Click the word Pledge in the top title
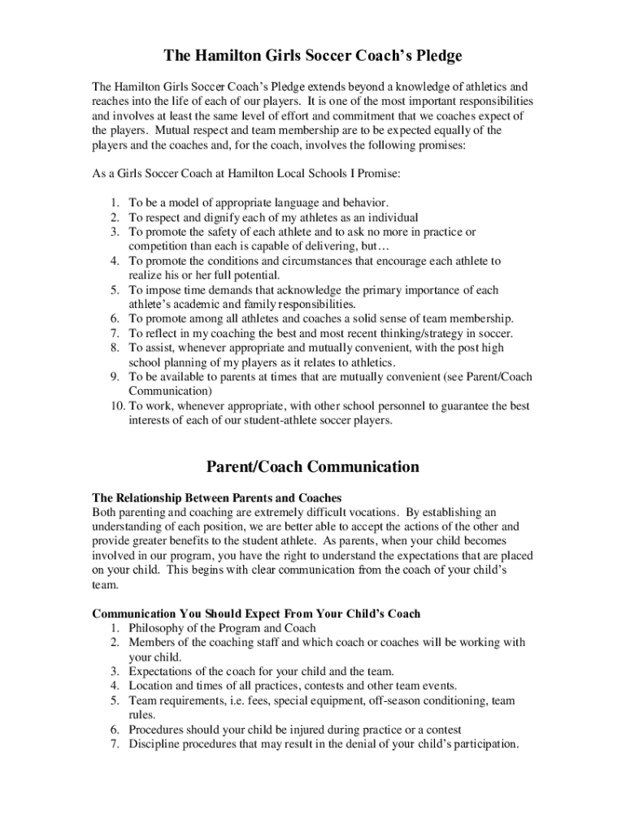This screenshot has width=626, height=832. (428, 56)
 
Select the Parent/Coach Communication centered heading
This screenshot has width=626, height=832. (313, 466)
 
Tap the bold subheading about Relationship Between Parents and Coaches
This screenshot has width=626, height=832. (217, 497)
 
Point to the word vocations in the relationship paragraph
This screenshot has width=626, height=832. (372, 512)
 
